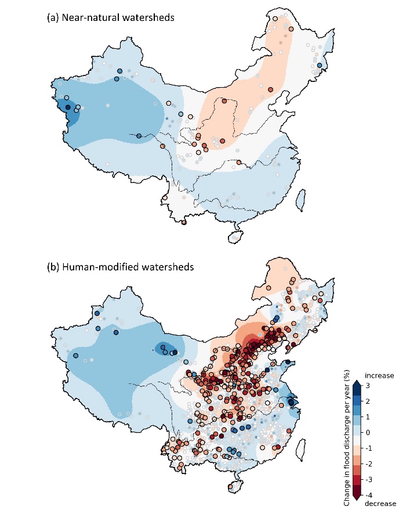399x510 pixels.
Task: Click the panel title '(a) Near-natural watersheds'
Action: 111,18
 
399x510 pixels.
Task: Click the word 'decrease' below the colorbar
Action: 380,503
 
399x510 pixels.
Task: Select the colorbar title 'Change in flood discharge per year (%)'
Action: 346,441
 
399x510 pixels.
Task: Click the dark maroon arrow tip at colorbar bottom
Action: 357,496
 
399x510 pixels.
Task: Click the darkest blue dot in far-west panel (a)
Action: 68,107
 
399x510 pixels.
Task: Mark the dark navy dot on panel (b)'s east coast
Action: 291,402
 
